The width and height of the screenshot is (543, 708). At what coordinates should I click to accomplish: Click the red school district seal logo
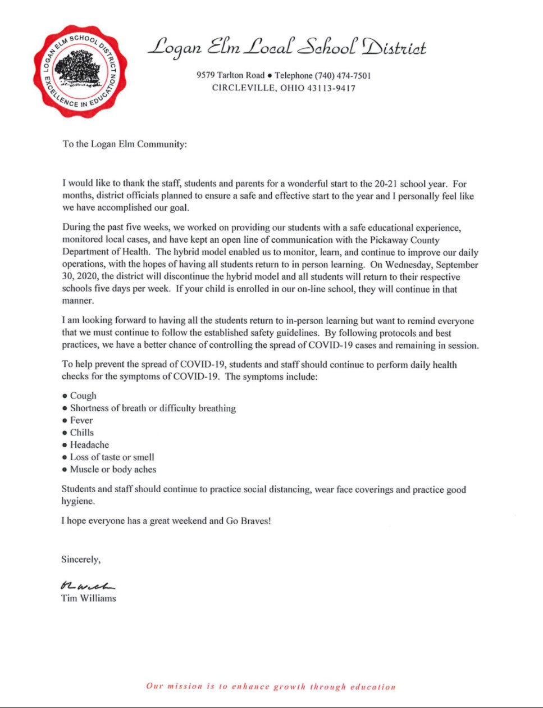click(x=79, y=71)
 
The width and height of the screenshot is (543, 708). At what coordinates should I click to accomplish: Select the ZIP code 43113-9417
click(x=331, y=88)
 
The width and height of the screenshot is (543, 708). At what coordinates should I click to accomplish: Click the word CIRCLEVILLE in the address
click(x=244, y=88)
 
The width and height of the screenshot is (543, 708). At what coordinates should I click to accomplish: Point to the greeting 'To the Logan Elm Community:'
click(x=124, y=144)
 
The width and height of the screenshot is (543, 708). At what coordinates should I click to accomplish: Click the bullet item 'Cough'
click(x=83, y=396)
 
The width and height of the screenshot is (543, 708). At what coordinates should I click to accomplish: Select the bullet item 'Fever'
click(x=81, y=420)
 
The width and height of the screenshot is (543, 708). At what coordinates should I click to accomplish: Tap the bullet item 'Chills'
click(x=82, y=433)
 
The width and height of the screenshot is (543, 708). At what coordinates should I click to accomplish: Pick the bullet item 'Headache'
click(x=89, y=445)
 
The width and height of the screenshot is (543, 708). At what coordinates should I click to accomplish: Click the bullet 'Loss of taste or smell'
click(x=112, y=457)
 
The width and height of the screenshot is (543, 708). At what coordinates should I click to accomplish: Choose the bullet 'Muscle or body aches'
click(x=113, y=470)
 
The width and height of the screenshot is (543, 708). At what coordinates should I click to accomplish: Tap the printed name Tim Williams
click(x=89, y=598)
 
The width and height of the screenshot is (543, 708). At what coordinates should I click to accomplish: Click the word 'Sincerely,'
click(x=81, y=560)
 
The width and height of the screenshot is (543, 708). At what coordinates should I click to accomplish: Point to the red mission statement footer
click(x=271, y=687)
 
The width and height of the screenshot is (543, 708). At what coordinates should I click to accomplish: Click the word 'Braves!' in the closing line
click(x=255, y=521)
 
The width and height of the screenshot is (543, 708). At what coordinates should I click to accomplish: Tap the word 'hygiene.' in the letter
click(x=78, y=502)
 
